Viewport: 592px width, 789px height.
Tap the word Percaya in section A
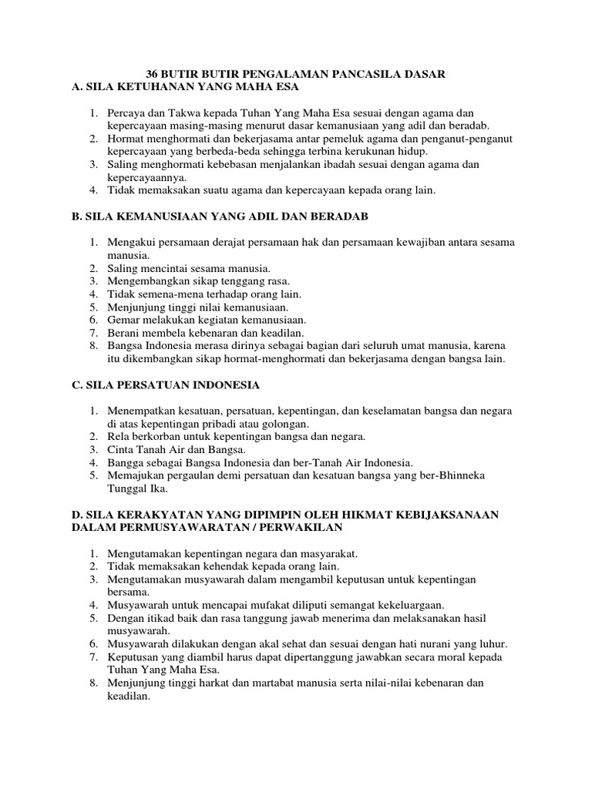[127, 113]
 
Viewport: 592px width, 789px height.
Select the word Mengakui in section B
[133, 242]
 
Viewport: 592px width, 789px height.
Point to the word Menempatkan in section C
[142, 411]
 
